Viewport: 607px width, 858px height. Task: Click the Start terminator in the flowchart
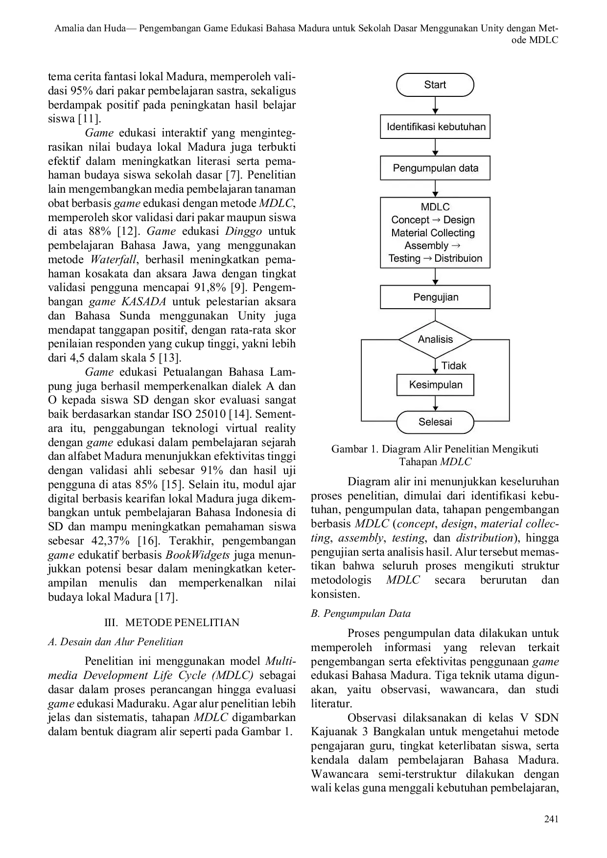(x=435, y=85)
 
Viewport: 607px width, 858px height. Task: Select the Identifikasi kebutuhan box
(x=435, y=127)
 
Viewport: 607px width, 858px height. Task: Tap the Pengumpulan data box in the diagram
(x=435, y=168)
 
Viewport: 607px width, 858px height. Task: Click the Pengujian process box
(x=435, y=297)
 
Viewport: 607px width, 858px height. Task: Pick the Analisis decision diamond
(x=435, y=339)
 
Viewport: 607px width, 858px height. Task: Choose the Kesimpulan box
(x=435, y=384)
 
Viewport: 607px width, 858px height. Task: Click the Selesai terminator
(x=435, y=422)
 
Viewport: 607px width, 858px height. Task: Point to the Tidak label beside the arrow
(x=454, y=365)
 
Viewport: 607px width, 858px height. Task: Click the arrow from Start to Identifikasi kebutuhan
(x=435, y=106)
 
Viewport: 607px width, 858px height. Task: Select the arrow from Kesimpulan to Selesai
(x=435, y=403)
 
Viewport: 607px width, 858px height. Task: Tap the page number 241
(x=551, y=819)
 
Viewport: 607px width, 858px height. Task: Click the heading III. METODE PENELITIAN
(x=172, y=623)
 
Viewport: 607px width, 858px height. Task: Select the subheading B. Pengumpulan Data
(x=361, y=613)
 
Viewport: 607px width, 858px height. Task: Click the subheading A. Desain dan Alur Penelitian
(x=116, y=642)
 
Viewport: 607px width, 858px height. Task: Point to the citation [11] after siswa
(x=89, y=119)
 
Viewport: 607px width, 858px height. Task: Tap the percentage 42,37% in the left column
(x=111, y=541)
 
